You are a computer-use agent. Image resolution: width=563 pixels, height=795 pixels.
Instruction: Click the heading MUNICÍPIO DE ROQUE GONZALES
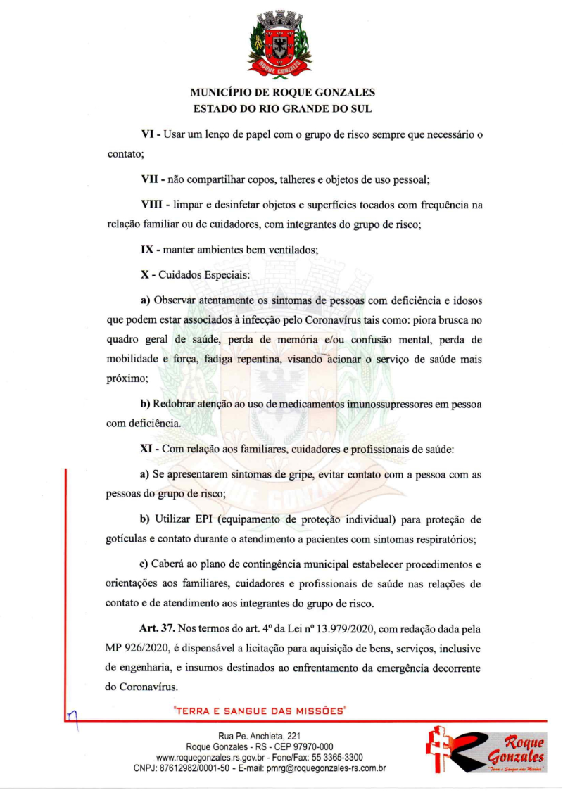[x=282, y=93]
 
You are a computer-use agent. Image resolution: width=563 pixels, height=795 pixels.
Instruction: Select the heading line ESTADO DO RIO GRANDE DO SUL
[x=282, y=109]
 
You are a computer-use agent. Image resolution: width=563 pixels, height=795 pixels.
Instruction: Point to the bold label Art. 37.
[x=157, y=627]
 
